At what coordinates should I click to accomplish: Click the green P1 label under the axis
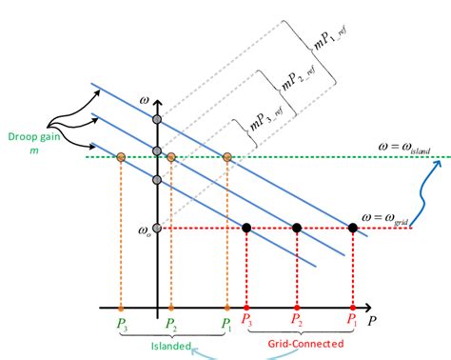(x=226, y=324)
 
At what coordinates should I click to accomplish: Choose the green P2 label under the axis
(x=171, y=324)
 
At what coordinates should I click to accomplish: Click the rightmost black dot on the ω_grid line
(x=353, y=228)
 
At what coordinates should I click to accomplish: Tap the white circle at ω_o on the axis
(x=158, y=228)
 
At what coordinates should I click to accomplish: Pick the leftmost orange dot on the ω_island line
(x=121, y=156)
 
